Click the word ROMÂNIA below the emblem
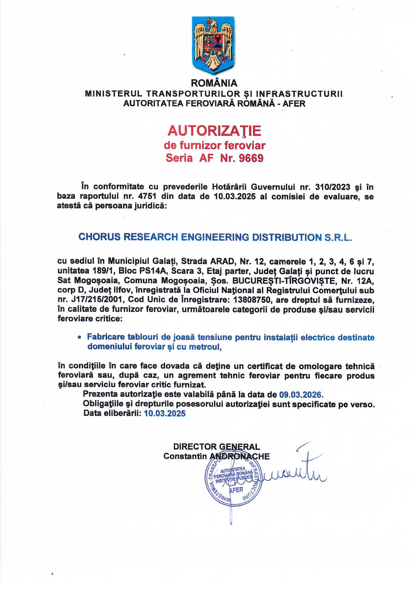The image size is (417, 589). (214, 83)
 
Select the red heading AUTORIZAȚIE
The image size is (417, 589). (214, 130)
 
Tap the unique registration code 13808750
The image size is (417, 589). (253, 299)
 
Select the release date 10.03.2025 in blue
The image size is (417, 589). (165, 414)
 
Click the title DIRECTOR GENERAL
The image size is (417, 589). (216, 447)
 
